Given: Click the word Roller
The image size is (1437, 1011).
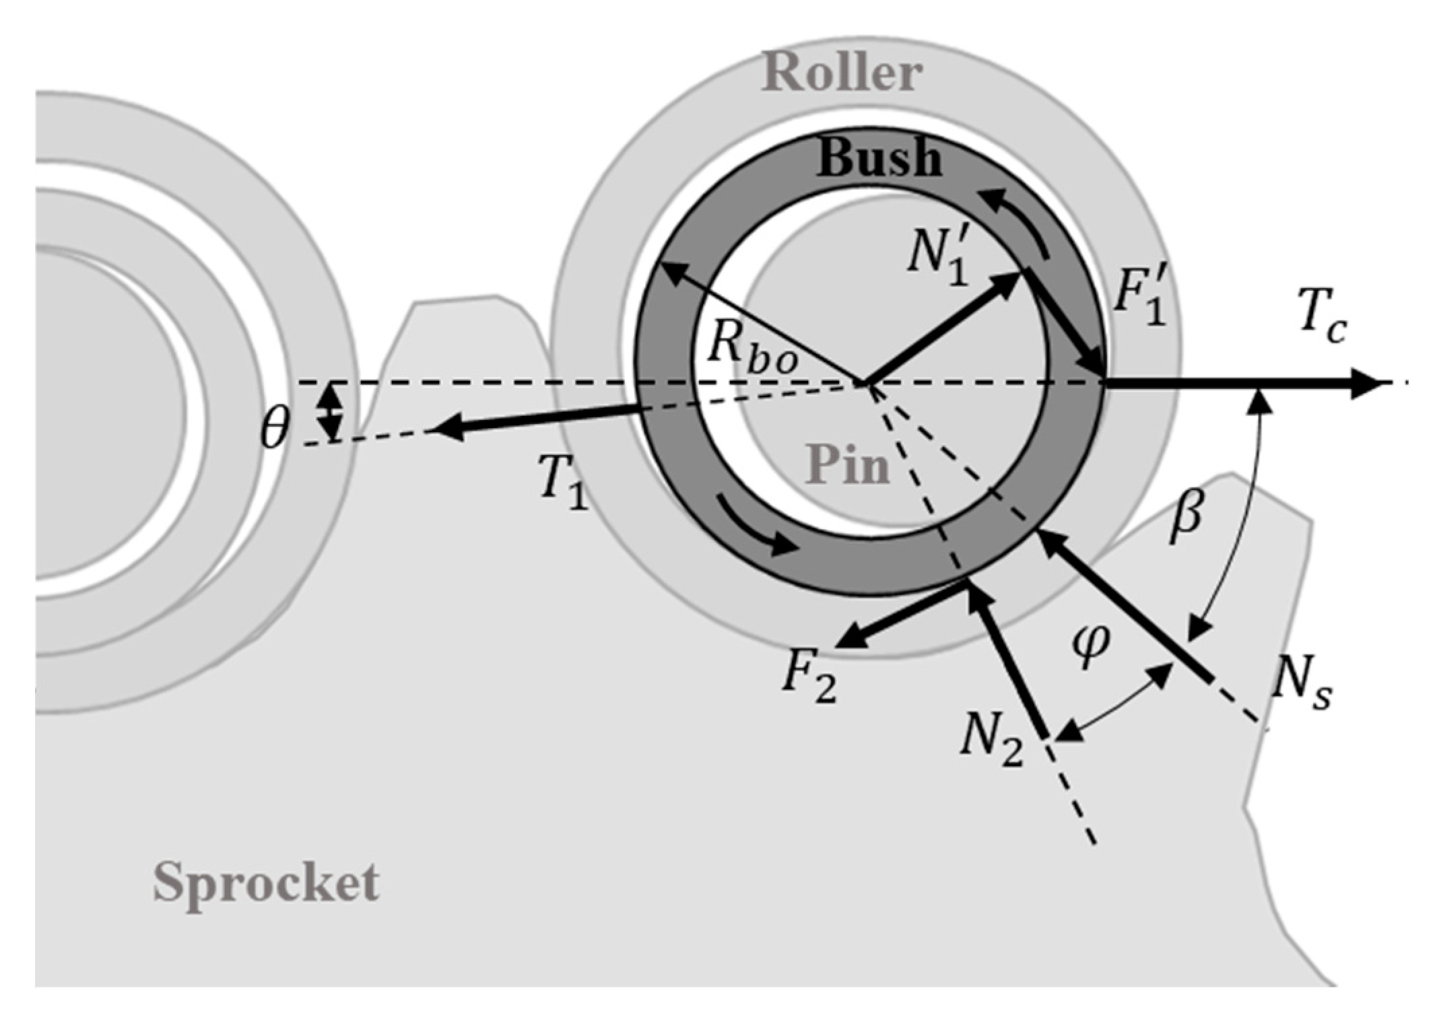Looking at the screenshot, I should pos(842,72).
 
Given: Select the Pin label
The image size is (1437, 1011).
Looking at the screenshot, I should pos(847,464).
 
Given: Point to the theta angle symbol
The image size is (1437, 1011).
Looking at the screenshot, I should pos(275,428).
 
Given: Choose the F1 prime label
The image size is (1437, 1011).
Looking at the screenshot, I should pos(1139,298).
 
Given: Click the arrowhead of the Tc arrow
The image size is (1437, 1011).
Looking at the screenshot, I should pos(1367,384).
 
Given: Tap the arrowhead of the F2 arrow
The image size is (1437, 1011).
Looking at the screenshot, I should pos(850,637).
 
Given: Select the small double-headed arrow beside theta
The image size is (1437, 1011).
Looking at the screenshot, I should pos(330,412).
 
